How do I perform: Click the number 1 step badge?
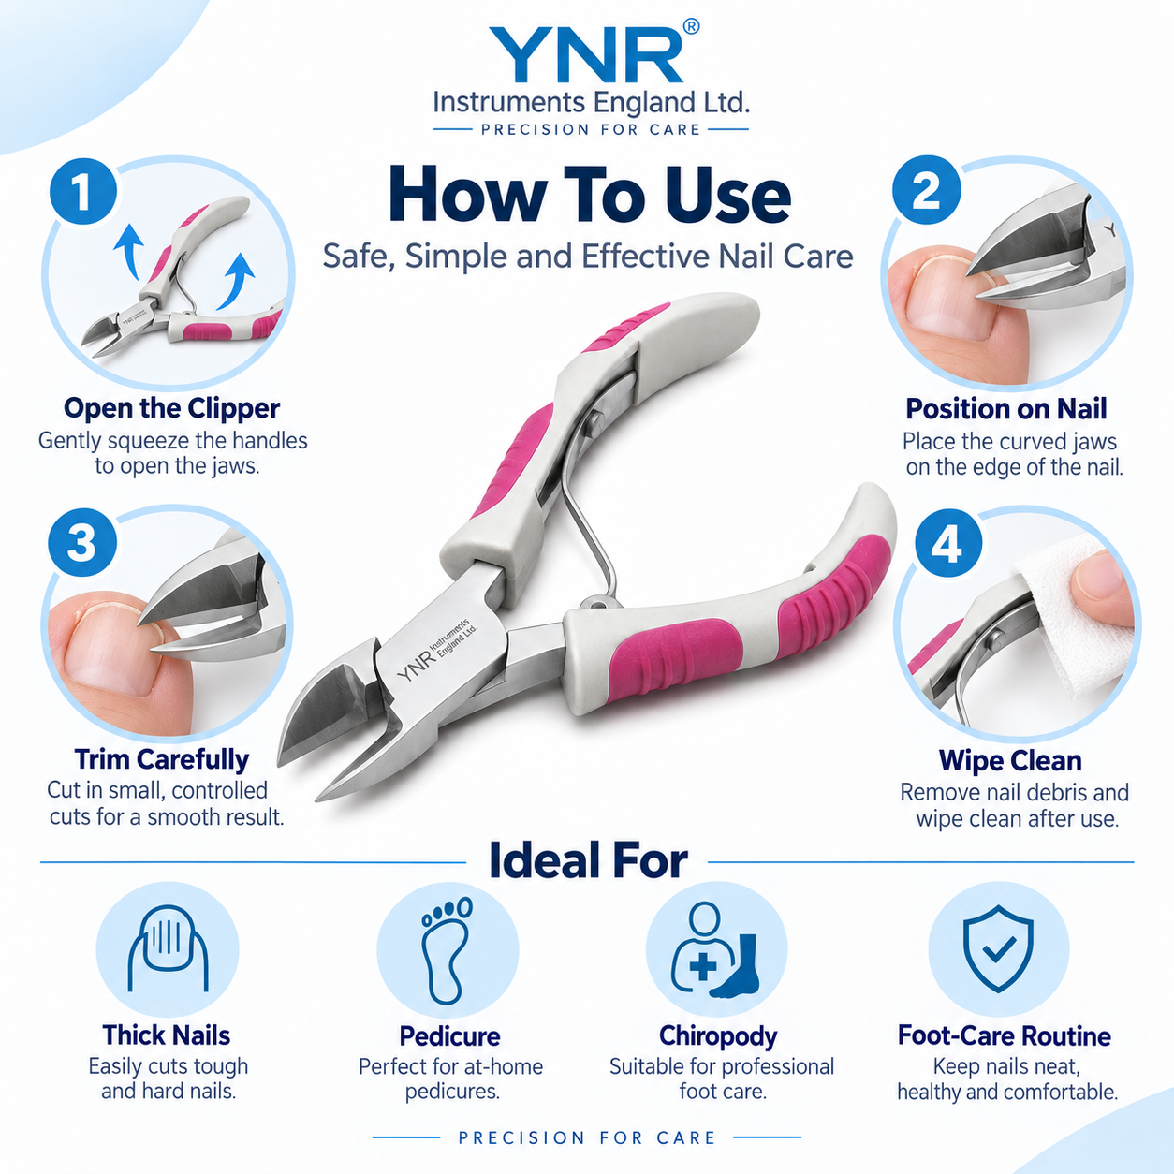coord(83,192)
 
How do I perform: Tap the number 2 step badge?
coord(926,190)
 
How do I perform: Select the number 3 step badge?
coord(82,542)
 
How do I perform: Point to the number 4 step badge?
coord(948,543)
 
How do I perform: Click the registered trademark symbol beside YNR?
coord(691,26)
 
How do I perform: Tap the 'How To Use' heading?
coord(590,195)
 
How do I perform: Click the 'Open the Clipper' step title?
coord(172,408)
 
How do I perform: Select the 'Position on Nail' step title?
coord(1005,408)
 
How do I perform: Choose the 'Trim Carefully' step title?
coord(161,759)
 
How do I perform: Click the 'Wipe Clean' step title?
coord(1010,760)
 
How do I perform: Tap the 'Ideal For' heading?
coord(588,860)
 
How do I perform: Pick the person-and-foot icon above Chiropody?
coord(716,950)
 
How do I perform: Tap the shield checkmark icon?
coord(998,948)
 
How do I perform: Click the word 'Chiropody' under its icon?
coord(718,1035)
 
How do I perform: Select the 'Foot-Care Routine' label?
coord(1005,1035)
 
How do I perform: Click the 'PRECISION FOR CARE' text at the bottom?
coord(587,1137)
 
